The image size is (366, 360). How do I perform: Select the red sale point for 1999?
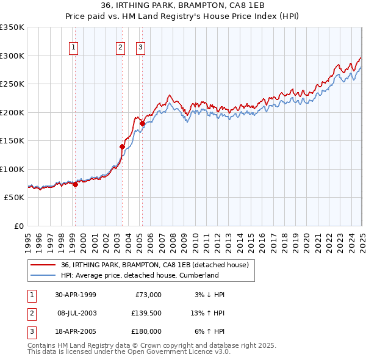click(75, 184)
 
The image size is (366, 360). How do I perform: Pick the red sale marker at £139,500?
click(122, 146)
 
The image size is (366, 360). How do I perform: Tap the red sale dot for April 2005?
click(142, 123)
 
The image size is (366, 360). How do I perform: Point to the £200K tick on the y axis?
click(13, 112)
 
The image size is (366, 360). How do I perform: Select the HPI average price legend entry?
click(140, 275)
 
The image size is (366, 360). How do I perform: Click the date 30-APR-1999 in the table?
click(76, 295)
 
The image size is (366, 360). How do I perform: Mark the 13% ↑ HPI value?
click(208, 313)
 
